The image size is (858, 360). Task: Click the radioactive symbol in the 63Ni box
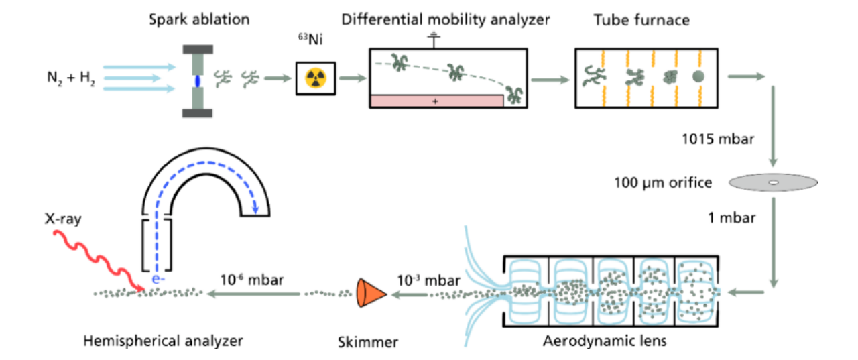pos(316,79)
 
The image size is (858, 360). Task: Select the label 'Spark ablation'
pos(199,19)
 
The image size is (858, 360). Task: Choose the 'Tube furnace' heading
pos(641,19)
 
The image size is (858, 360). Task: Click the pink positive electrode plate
pos(436,101)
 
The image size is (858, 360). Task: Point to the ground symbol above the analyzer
pos(435,40)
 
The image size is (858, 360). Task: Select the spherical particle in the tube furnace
pos(698,76)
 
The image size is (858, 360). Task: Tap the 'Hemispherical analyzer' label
pos(163,341)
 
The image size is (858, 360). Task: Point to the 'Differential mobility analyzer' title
pos(445,19)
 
